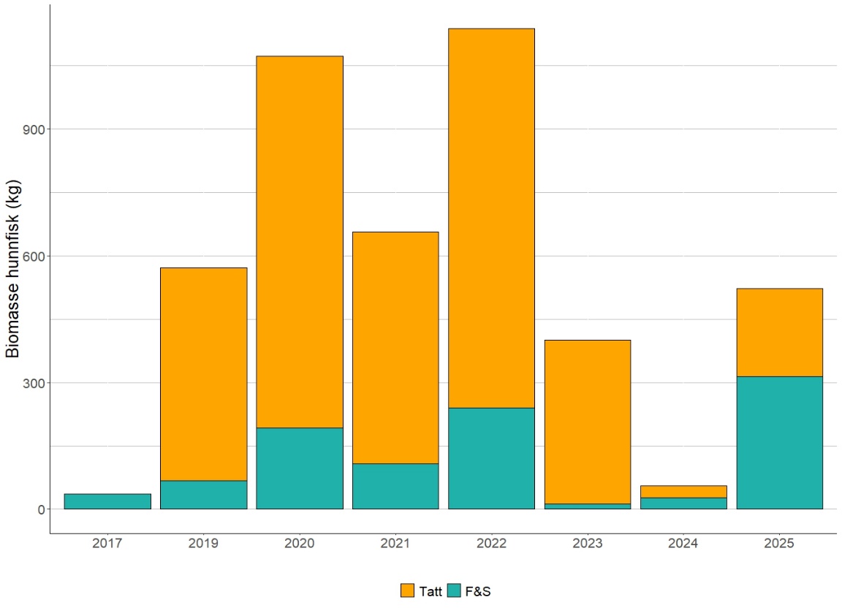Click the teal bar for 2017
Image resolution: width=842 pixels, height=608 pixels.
pos(107,501)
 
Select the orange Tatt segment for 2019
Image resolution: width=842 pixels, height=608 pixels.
pos(203,373)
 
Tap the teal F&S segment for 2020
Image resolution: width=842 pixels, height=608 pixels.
pos(300,468)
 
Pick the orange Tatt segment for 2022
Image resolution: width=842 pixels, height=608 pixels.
pos(491,218)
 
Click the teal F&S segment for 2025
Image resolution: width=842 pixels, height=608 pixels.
pos(779,443)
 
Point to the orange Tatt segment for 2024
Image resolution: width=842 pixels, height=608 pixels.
pos(683,491)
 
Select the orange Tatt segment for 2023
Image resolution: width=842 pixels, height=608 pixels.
pos(588,422)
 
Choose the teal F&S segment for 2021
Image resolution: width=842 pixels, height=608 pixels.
pos(395,486)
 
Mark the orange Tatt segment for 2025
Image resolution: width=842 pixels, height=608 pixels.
pos(779,332)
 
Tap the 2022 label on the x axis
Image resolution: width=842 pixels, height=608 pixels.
pos(491,544)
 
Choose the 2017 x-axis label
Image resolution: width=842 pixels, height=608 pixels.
pos(107,544)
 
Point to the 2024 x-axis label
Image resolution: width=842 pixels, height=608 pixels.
pos(683,544)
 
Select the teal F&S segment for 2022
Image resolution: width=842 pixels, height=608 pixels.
pos(491,458)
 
